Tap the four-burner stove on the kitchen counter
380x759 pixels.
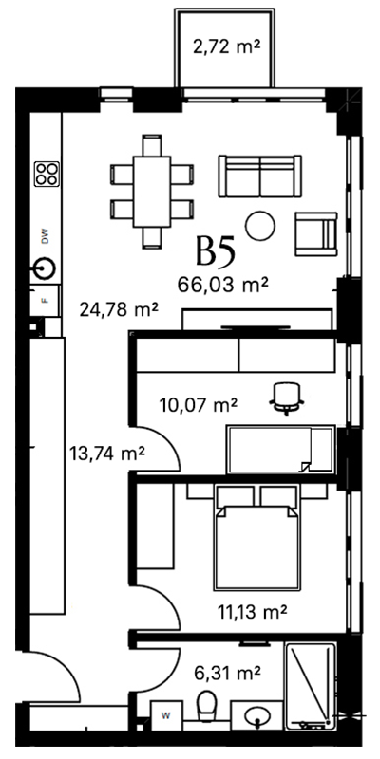point(47,175)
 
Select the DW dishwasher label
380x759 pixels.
point(46,236)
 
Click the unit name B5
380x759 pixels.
point(216,250)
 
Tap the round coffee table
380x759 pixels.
point(260,226)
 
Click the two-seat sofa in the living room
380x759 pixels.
point(259,176)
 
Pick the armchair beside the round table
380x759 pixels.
point(316,233)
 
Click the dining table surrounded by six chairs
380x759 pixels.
point(152,192)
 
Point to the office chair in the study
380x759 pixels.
point(287,398)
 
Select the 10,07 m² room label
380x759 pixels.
point(198,404)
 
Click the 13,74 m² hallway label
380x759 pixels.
point(106,454)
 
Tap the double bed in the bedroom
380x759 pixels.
point(256,538)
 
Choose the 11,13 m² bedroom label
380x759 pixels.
point(251,612)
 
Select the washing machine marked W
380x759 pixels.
point(166,715)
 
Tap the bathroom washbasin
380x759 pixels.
point(256,715)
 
